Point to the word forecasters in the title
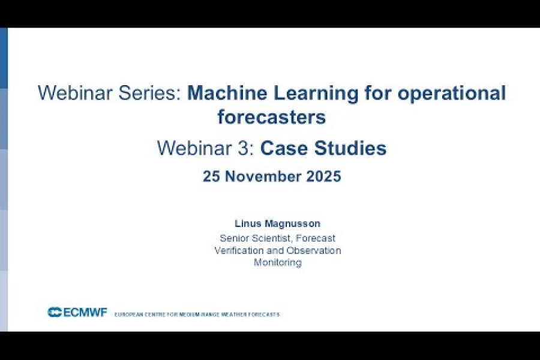click(x=271, y=116)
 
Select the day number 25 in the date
click(x=211, y=176)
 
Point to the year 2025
click(x=324, y=176)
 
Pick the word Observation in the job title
click(x=311, y=250)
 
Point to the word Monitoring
click(x=277, y=262)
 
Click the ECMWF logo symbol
click(x=55, y=312)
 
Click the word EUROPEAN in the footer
click(x=127, y=314)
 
